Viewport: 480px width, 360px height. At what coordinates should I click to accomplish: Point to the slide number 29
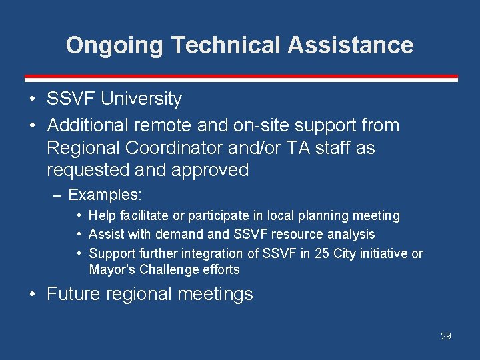coord(446,336)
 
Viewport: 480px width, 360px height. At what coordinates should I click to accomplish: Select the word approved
coord(210,170)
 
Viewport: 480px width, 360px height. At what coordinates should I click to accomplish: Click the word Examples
coord(105,195)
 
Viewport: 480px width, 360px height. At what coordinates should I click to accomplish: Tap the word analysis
coord(348,234)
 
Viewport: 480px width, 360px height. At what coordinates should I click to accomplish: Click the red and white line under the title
coord(241,77)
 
